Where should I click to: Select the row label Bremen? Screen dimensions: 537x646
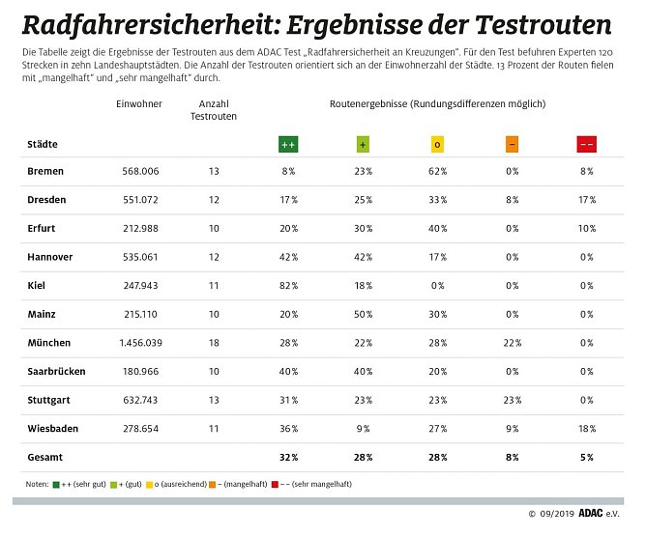pyautogui.click(x=45, y=171)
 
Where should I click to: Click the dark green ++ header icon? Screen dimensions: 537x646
pyautogui.click(x=287, y=144)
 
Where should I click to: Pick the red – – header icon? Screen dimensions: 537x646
pyautogui.click(x=586, y=144)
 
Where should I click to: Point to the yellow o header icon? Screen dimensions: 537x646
pyautogui.click(x=437, y=144)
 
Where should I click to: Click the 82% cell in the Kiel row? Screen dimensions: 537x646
pyautogui.click(x=287, y=286)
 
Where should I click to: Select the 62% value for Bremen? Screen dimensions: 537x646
pyautogui.click(x=437, y=171)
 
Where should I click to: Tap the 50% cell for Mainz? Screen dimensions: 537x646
pyautogui.click(x=362, y=315)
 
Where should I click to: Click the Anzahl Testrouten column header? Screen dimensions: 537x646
pyautogui.click(x=213, y=109)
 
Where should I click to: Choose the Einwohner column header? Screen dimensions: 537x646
pyautogui.click(x=138, y=103)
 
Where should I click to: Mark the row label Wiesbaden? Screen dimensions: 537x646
pyautogui.click(x=52, y=429)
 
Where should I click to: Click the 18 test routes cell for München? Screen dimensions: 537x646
pyautogui.click(x=213, y=343)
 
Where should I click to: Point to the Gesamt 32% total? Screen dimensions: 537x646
pyautogui.click(x=287, y=458)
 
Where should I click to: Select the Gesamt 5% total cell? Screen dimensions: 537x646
pyautogui.click(x=586, y=458)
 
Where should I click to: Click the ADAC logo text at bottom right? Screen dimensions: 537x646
pyautogui.click(x=590, y=513)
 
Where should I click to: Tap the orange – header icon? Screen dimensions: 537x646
pyautogui.click(x=512, y=144)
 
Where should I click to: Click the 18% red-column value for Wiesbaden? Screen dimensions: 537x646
pyautogui.click(x=586, y=429)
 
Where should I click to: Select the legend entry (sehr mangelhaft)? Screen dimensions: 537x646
pyautogui.click(x=315, y=483)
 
